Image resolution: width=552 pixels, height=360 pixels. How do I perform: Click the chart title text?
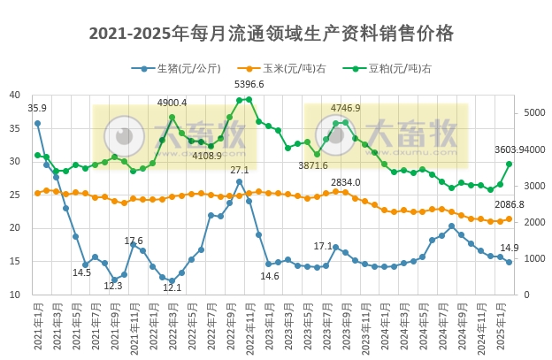[272, 34]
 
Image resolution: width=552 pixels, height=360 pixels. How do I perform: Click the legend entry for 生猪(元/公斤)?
[188, 68]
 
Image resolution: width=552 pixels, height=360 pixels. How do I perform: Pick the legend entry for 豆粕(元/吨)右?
[399, 68]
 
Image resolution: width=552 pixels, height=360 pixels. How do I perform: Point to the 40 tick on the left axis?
[14, 96]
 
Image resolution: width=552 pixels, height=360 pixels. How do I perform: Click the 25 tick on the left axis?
[14, 195]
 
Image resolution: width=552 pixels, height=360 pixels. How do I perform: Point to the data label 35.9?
[37, 108]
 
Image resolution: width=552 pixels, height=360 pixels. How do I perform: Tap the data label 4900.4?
[172, 103]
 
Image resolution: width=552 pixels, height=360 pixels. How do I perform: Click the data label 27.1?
[240, 170]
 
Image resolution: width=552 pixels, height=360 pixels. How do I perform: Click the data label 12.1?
[172, 287]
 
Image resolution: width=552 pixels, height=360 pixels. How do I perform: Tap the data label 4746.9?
[346, 108]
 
